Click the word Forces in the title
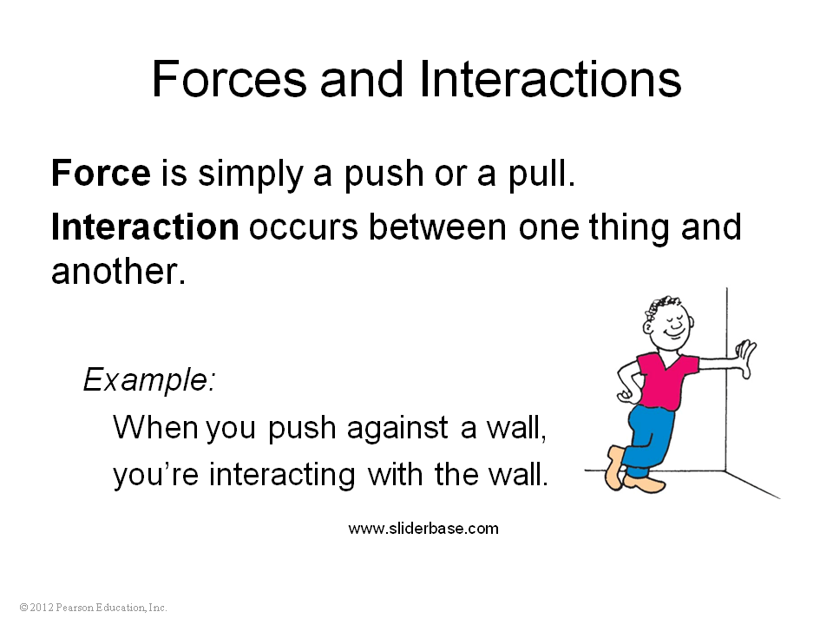[x=229, y=79]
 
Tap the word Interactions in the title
[x=550, y=79]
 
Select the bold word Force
[x=101, y=173]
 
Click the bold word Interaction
[x=145, y=227]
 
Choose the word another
[x=119, y=271]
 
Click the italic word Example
[x=149, y=380]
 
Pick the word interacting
[x=281, y=475]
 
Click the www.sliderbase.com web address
[x=423, y=529]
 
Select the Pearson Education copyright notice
[x=93, y=607]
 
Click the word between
[x=437, y=227]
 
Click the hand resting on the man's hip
[x=626, y=395]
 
